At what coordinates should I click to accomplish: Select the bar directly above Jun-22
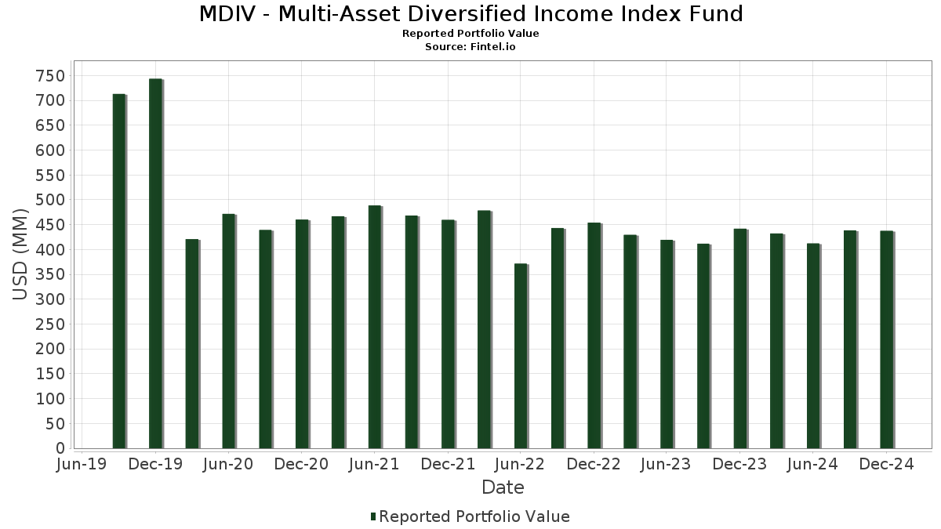pos(521,357)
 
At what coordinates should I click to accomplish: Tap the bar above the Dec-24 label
pos(886,340)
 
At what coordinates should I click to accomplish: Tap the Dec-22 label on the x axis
pos(594,465)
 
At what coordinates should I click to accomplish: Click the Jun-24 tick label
pos(813,465)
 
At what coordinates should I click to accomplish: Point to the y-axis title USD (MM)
pos(21,255)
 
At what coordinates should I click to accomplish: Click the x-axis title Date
pos(503,487)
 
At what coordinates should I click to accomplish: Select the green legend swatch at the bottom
pos(373,516)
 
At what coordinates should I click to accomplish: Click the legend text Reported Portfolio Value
pos(474,516)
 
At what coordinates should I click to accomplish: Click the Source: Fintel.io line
pos(470,47)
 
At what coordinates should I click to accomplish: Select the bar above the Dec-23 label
pos(740,339)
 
